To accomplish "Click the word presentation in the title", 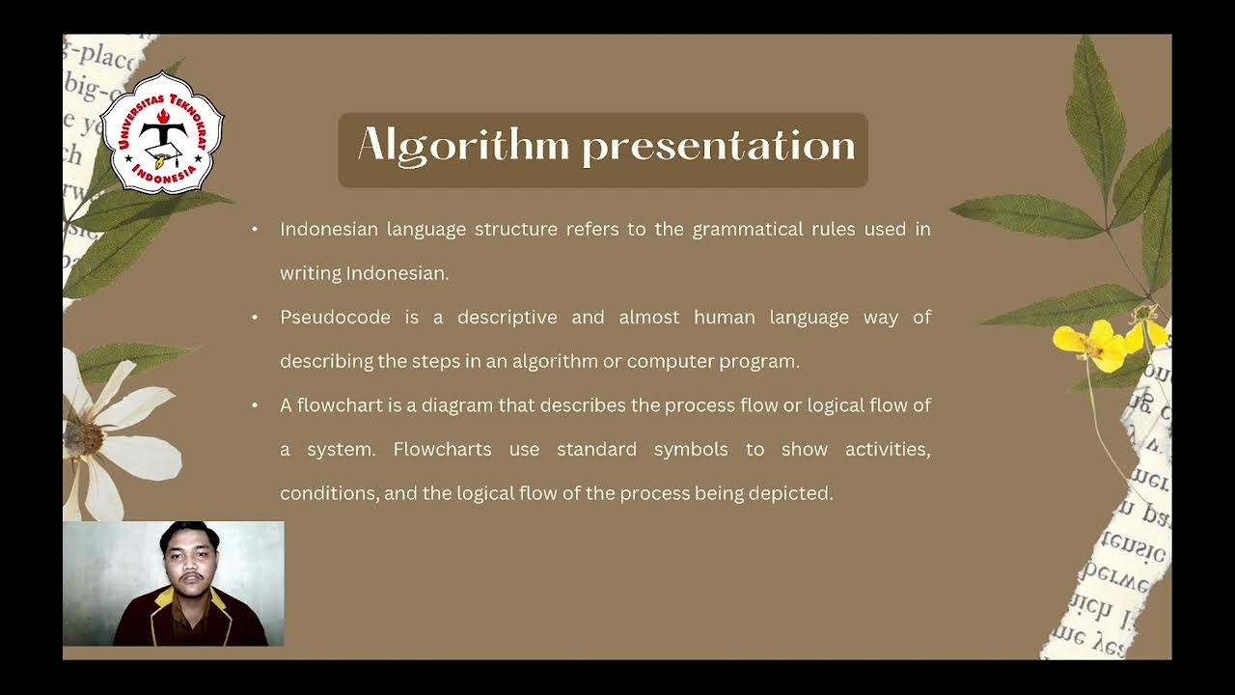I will coord(719,147).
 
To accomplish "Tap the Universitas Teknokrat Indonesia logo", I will coord(162,133).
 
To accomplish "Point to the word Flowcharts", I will coord(442,450).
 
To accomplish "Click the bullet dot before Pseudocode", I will coord(255,318).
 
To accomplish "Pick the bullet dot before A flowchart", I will coord(255,405).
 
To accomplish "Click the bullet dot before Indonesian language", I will coord(255,230).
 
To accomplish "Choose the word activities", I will coord(887,450).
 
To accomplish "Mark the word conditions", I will coord(329,493).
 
